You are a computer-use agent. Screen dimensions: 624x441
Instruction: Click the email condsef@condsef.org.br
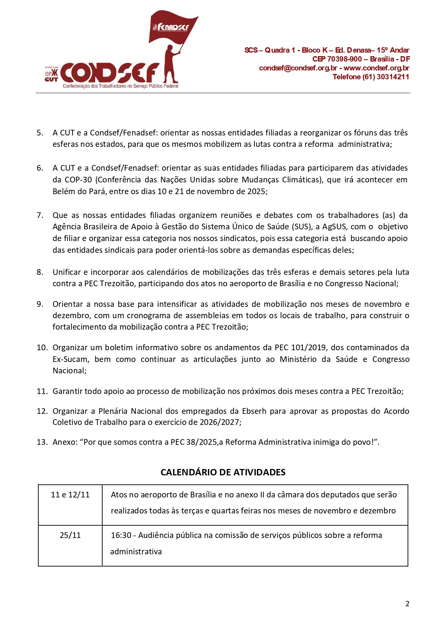tap(298, 68)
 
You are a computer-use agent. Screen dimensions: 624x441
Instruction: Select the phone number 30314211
tap(393, 77)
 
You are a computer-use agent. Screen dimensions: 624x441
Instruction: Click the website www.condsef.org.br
tap(376, 68)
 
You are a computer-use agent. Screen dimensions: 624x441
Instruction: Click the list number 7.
tap(40, 215)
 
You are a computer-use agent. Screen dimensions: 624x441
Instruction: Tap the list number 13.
tap(42, 442)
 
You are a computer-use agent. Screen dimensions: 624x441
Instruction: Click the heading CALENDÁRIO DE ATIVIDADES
tap(223, 472)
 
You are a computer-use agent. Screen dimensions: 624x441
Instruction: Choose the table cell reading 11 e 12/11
tap(70, 495)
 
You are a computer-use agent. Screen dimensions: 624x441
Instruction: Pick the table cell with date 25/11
tap(70, 535)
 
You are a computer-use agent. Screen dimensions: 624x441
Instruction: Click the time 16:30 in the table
tap(121, 535)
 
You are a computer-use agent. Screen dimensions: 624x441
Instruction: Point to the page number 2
tap(407, 603)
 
